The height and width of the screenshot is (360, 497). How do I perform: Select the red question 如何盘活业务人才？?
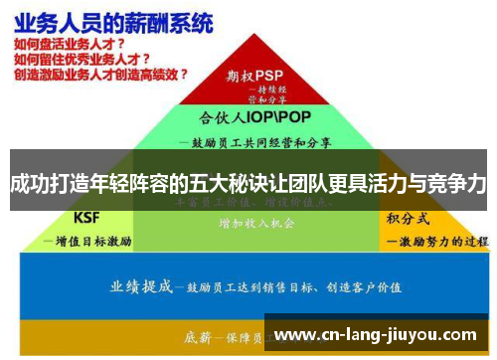70,44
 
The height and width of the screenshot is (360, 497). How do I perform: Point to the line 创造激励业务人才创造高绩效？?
100,74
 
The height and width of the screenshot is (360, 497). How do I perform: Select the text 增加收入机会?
256,225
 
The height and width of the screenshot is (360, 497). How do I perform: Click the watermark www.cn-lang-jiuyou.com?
375,335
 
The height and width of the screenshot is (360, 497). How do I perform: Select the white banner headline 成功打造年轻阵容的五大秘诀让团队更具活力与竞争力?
248,182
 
